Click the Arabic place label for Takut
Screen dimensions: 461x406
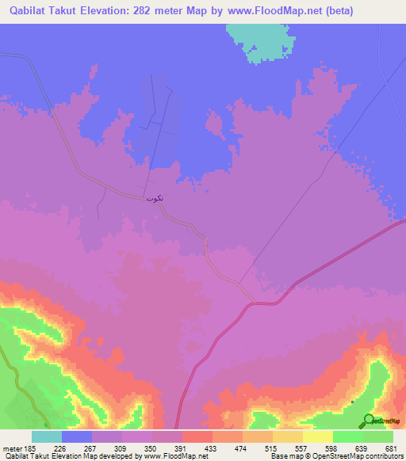(x=155, y=197)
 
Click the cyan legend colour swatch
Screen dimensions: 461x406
(x=47, y=436)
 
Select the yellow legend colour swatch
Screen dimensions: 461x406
(x=318, y=436)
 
